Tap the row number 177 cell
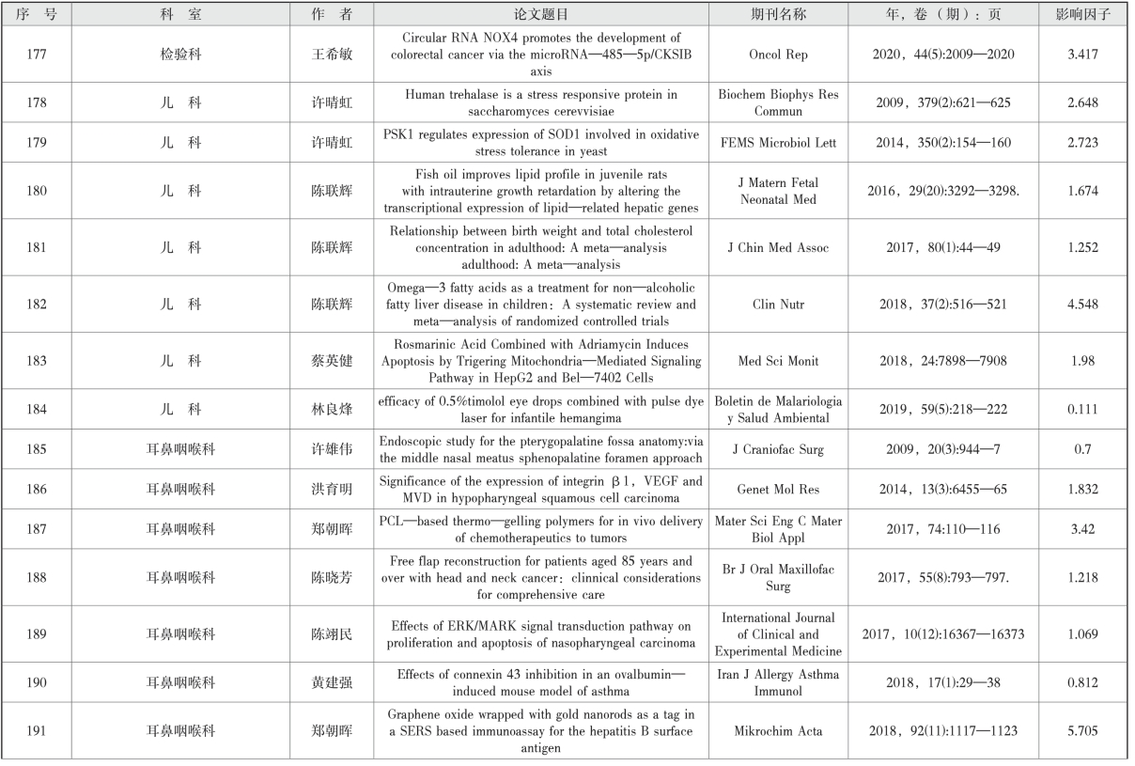(38, 55)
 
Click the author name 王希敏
(333, 55)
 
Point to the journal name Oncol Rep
(778, 55)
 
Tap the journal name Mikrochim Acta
(778, 730)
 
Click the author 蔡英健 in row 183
(333, 362)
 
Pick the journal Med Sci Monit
(778, 362)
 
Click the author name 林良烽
(333, 411)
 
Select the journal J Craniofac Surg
(778, 449)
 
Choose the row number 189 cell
(38, 634)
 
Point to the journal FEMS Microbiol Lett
(778, 144)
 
